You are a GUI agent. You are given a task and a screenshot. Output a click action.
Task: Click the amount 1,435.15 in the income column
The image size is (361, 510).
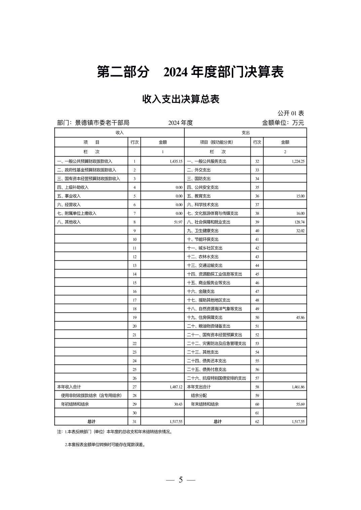(x=176, y=161)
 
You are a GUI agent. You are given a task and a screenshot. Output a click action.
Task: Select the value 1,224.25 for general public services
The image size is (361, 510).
(x=298, y=161)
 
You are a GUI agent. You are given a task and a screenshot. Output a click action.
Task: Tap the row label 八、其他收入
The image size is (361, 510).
(x=69, y=222)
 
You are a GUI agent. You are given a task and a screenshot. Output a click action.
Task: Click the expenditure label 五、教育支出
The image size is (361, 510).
(x=199, y=196)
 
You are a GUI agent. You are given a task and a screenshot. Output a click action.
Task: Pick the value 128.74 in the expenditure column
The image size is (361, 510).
(x=300, y=222)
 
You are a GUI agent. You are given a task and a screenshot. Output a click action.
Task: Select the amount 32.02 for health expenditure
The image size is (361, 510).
(x=300, y=231)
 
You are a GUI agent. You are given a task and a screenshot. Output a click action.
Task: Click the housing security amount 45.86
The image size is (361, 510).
(x=300, y=317)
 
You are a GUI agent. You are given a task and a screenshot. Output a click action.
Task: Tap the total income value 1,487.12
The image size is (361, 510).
(x=176, y=387)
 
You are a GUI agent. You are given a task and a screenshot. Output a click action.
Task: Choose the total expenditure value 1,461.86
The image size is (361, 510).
(x=298, y=387)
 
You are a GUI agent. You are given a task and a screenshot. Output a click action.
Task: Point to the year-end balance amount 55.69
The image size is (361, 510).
(x=300, y=404)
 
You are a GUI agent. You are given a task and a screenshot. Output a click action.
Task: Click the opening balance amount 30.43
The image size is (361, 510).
(x=178, y=404)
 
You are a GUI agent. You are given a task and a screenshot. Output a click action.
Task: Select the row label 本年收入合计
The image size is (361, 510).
(x=69, y=387)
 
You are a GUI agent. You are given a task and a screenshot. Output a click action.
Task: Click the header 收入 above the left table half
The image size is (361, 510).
(x=120, y=133)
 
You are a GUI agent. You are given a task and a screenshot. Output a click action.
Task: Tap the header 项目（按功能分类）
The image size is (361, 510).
(x=216, y=142)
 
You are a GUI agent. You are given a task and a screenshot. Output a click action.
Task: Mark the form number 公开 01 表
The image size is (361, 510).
(x=291, y=113)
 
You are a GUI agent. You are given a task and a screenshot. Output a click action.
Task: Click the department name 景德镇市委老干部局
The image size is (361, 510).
(x=102, y=123)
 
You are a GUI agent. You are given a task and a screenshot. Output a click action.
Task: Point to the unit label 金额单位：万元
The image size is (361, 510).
(x=283, y=123)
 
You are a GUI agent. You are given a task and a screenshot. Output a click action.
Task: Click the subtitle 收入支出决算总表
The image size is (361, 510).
(x=180, y=99)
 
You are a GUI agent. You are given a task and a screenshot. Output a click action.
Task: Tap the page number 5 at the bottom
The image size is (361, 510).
(x=180, y=480)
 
